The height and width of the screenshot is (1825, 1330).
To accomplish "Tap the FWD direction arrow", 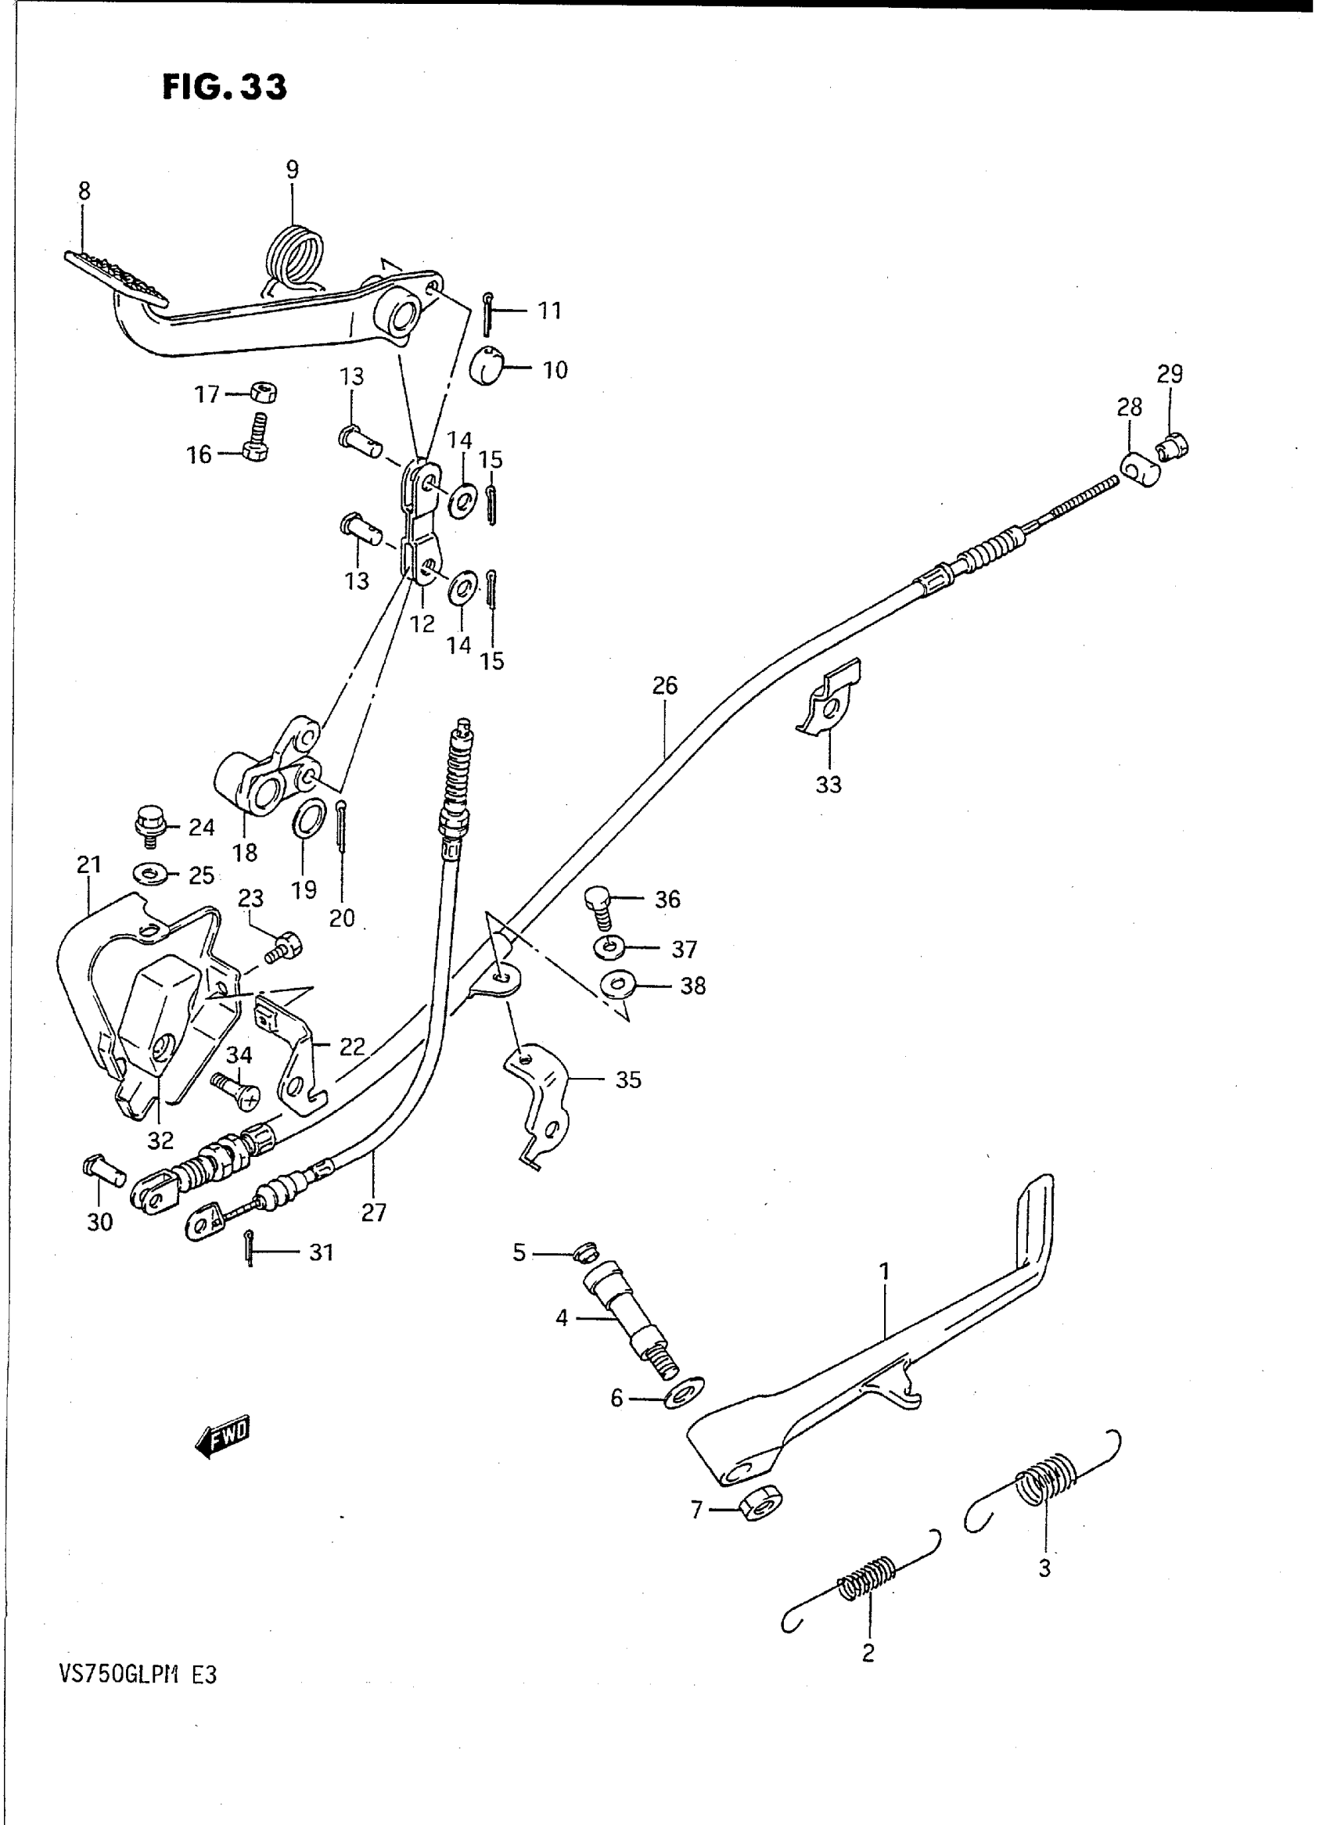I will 223,1436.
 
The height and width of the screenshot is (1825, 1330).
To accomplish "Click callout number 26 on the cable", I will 665,686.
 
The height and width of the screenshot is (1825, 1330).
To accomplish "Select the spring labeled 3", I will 1045,1473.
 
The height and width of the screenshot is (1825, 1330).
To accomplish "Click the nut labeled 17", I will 264,393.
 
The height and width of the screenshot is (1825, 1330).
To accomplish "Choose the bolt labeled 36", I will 598,907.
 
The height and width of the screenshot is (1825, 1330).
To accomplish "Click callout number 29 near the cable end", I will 1170,374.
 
